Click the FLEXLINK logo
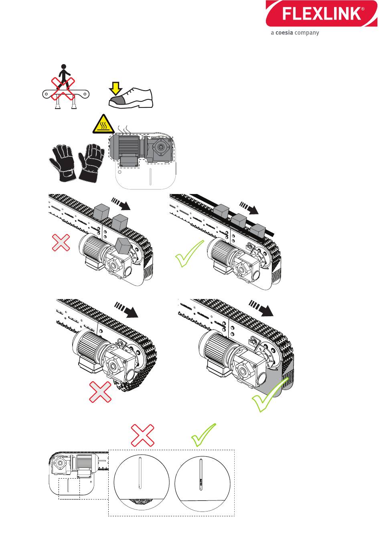(323, 14)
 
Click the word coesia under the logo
(284, 33)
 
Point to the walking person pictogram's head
(63, 67)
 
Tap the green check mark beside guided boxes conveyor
(189, 253)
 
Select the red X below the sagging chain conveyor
(100, 391)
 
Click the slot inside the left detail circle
(140, 473)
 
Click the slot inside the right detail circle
(201, 475)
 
